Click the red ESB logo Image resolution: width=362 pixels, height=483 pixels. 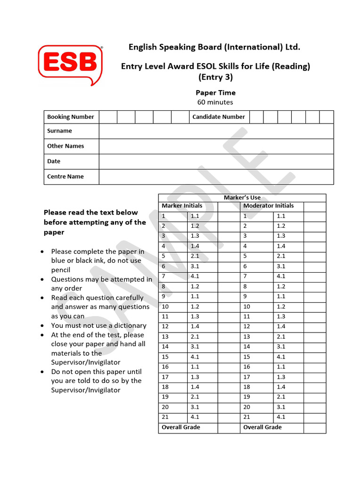(x=70, y=64)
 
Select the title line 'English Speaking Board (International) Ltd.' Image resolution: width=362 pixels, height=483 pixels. (x=214, y=47)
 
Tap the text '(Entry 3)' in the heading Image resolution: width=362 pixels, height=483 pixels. (x=215, y=77)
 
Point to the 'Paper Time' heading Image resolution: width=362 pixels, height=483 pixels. (x=215, y=92)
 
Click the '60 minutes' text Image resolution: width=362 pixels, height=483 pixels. (x=215, y=102)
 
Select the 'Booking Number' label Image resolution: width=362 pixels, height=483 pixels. (x=70, y=117)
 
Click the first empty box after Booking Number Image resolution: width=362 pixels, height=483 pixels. (x=107, y=117)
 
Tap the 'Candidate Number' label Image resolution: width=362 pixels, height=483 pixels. (x=218, y=117)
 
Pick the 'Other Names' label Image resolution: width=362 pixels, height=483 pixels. (x=66, y=146)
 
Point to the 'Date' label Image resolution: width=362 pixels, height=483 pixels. (x=54, y=161)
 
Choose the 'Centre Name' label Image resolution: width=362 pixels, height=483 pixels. (x=65, y=176)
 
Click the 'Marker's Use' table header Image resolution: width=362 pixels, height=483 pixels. (x=242, y=198)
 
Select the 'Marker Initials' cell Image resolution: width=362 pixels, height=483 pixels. (x=182, y=206)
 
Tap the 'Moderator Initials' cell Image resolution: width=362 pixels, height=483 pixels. (x=268, y=206)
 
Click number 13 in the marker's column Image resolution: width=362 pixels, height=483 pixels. (x=165, y=336)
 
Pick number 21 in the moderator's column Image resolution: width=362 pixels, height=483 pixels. (x=247, y=417)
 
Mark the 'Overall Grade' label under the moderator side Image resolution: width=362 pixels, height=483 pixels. (x=262, y=427)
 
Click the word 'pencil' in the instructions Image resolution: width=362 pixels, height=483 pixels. (x=61, y=270)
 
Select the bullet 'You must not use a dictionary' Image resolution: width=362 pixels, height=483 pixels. (x=99, y=325)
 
